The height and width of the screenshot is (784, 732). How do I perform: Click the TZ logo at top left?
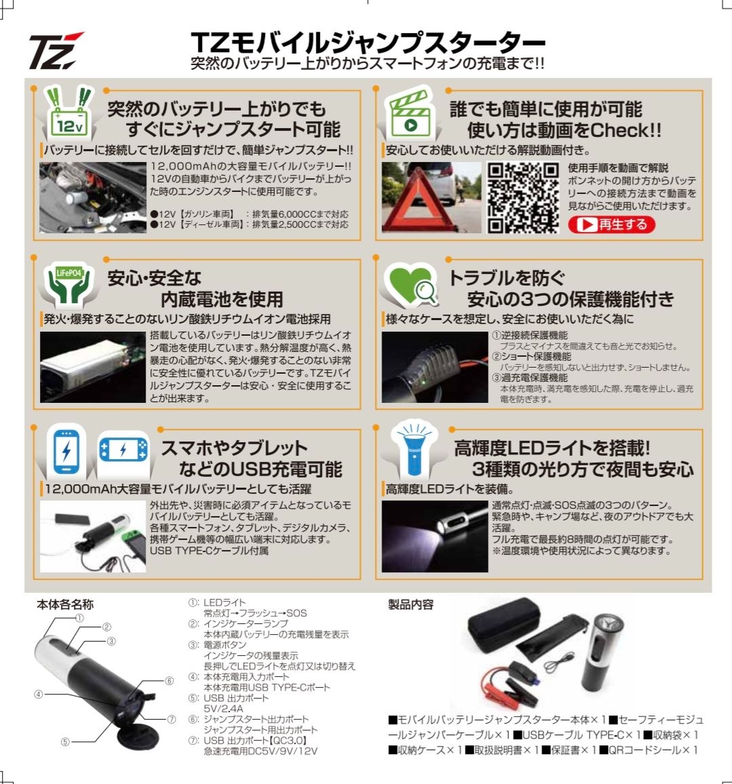[x=55, y=51]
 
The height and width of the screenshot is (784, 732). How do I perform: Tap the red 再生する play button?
[x=611, y=224]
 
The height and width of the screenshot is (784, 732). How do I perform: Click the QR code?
[x=523, y=197]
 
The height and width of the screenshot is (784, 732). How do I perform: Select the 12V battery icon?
[x=69, y=113]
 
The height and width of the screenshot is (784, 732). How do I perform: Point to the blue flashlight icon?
[x=411, y=451]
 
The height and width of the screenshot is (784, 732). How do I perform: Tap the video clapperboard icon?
[x=409, y=114]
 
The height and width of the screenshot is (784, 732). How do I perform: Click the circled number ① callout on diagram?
[x=79, y=618]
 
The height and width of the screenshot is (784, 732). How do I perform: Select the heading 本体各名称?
[x=65, y=604]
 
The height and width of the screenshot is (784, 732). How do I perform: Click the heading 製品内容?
[x=411, y=604]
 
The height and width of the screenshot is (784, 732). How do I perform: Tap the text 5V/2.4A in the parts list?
[x=223, y=709]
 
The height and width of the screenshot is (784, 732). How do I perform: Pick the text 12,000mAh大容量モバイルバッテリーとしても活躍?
[x=178, y=489]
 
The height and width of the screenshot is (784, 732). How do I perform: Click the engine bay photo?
[x=92, y=197]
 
